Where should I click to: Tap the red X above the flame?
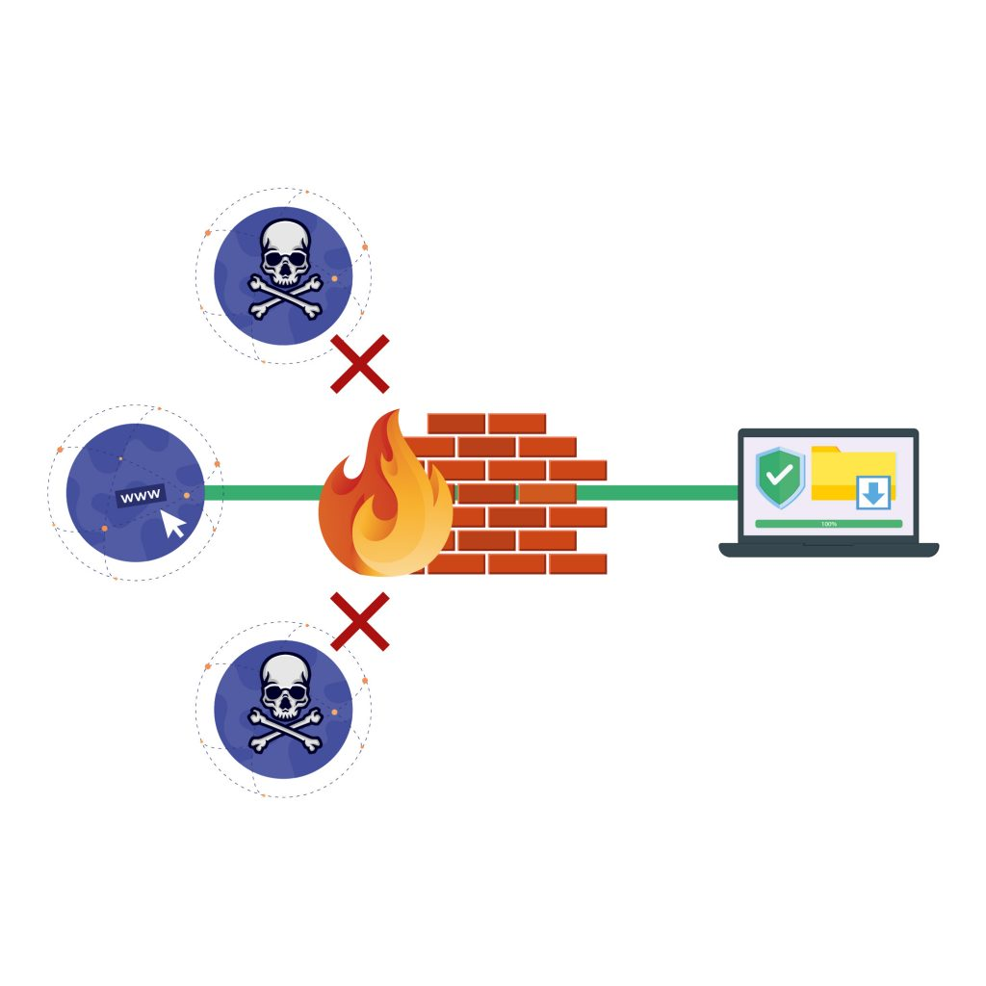pos(359,364)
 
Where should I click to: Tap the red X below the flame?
pos(359,621)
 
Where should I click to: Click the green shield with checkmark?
pos(780,476)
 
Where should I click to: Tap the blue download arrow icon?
pos(873,494)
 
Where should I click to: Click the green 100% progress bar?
pos(828,524)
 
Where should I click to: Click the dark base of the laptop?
pos(828,550)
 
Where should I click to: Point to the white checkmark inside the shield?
pos(780,474)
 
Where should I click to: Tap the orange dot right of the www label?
pos(187,495)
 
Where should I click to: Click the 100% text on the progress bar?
pos(828,524)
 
